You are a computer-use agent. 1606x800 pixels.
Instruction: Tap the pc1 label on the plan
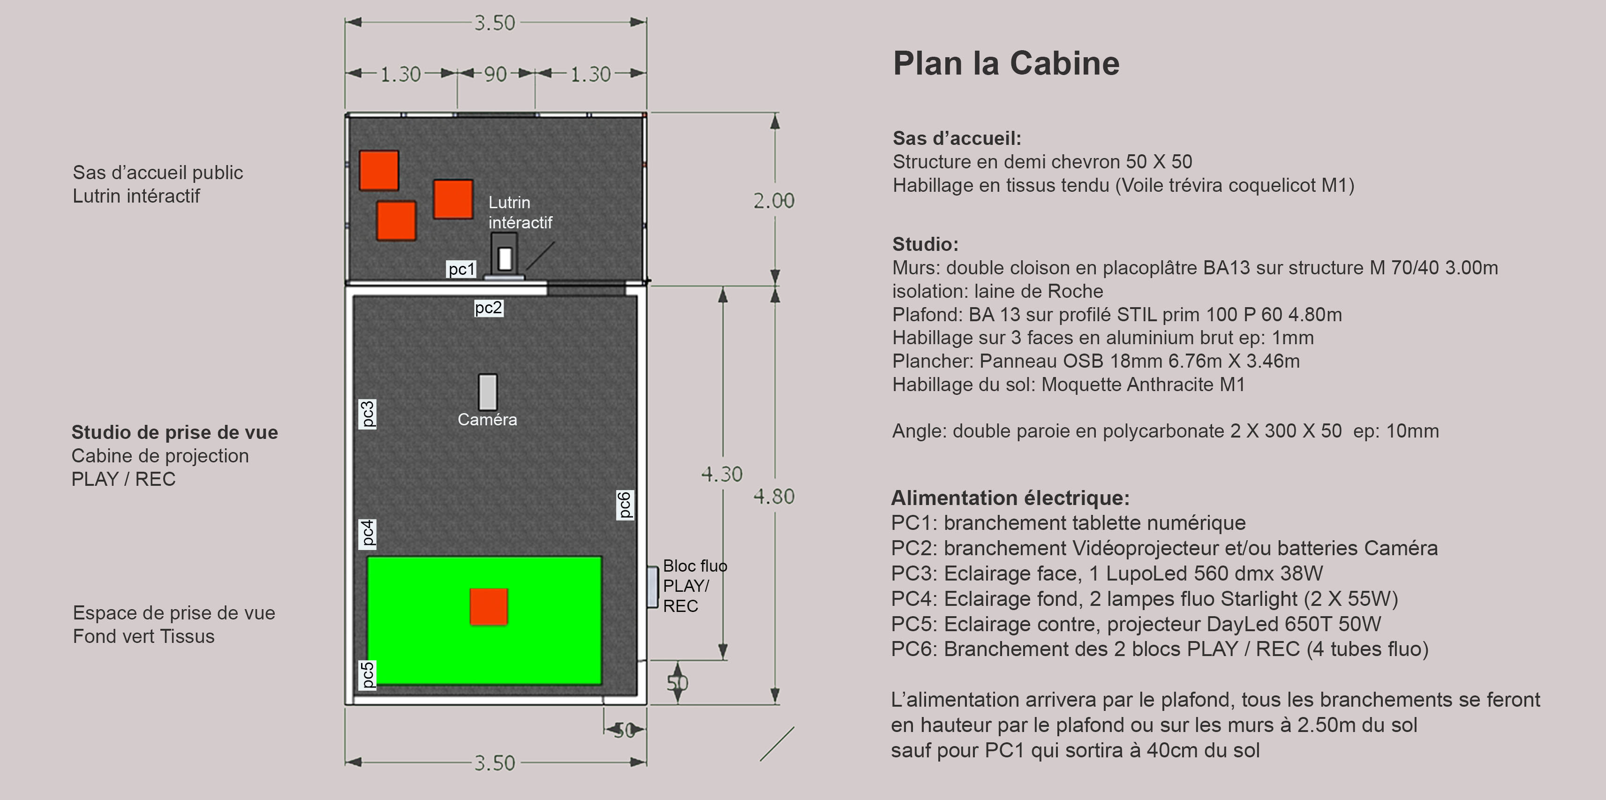(462, 269)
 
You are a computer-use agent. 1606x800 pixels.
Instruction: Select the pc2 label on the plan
(488, 308)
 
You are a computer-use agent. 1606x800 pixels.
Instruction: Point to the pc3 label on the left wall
(368, 414)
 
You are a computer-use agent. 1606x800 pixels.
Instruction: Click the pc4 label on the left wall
(368, 533)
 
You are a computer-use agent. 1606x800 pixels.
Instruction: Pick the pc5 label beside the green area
(368, 675)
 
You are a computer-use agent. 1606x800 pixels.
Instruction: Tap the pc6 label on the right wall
(625, 505)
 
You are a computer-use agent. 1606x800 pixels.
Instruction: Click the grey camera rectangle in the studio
(488, 392)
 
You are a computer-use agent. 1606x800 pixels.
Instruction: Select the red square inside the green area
(489, 607)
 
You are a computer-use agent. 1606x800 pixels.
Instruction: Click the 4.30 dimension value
(722, 475)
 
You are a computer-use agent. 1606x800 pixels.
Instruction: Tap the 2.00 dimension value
(774, 201)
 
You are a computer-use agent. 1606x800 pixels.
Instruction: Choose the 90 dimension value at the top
(496, 74)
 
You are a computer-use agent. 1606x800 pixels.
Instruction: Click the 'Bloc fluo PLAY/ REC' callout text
(694, 586)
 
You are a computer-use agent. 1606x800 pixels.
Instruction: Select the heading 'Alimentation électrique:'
(1010, 498)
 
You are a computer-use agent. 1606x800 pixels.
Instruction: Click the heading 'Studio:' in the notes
(925, 244)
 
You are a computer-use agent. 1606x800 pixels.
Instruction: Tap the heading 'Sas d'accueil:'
(957, 138)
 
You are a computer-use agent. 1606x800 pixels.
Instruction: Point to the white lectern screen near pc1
(505, 258)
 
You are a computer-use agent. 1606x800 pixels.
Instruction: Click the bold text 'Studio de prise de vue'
(174, 432)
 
